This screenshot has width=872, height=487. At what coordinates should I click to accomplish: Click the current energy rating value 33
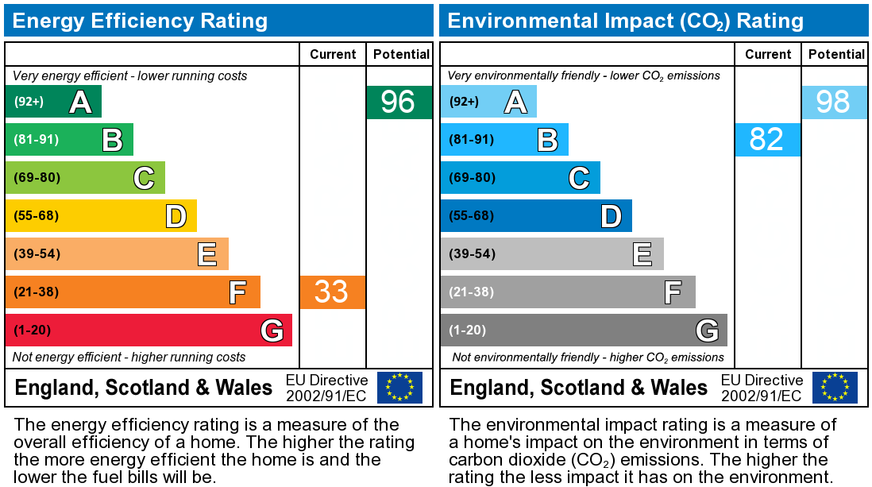pyautogui.click(x=332, y=292)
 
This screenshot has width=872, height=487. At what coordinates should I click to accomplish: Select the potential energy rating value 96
pyautogui.click(x=399, y=102)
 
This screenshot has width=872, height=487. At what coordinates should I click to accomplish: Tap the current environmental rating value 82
pyautogui.click(x=766, y=139)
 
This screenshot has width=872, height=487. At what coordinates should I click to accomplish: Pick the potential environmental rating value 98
pyautogui.click(x=833, y=102)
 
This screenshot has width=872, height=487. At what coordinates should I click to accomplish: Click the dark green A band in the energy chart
pyautogui.click(x=53, y=102)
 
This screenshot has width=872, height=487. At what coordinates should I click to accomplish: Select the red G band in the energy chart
pyautogui.click(x=149, y=330)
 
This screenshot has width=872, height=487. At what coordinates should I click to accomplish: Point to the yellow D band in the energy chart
pyautogui.click(x=101, y=215)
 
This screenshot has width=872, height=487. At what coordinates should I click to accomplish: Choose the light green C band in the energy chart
pyautogui.click(x=85, y=177)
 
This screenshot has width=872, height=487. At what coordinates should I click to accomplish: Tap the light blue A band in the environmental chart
pyautogui.click(x=488, y=102)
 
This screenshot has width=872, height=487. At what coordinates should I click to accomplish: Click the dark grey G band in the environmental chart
pyautogui.click(x=584, y=330)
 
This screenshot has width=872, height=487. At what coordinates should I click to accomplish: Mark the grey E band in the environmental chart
pyautogui.click(x=552, y=253)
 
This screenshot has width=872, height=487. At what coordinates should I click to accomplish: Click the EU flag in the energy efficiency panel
pyautogui.click(x=399, y=387)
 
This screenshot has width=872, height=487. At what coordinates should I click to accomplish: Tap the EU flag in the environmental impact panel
pyautogui.click(x=835, y=387)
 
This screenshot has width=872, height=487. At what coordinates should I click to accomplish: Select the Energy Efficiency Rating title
pyautogui.click(x=140, y=21)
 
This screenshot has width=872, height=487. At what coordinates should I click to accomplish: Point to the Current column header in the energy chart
pyautogui.click(x=333, y=54)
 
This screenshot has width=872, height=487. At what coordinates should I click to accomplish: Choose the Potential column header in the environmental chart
pyautogui.click(x=835, y=54)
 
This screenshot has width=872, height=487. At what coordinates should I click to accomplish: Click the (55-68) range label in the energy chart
pyautogui.click(x=37, y=215)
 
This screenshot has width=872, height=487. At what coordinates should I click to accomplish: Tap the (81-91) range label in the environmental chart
pyautogui.click(x=472, y=139)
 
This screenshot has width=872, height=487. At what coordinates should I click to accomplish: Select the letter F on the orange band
pyautogui.click(x=237, y=292)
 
